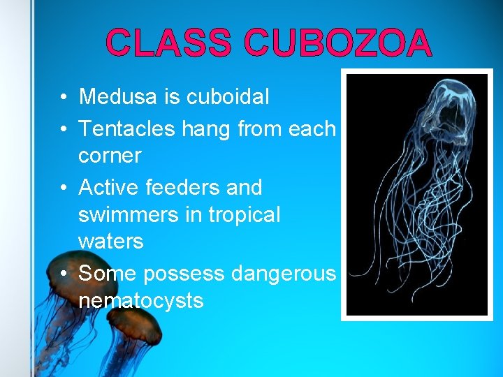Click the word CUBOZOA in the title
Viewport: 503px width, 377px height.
pos(337,43)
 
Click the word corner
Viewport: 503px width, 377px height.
pos(110,155)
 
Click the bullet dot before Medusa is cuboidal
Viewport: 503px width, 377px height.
pos(63,97)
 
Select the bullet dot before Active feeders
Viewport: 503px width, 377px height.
pos(63,188)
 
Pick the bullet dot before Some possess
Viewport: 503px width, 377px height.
pos(63,274)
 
